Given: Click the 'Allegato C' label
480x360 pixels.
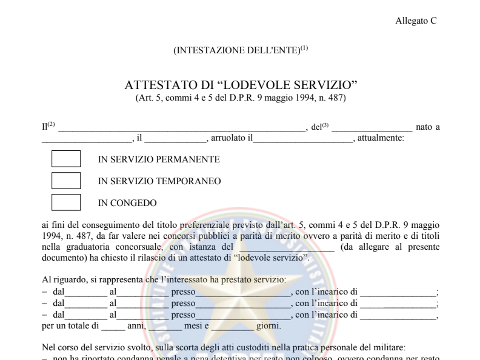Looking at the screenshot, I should (x=416, y=21).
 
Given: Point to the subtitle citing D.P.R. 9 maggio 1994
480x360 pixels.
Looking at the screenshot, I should (x=241, y=98).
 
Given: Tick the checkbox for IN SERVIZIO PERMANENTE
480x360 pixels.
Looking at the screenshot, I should (x=66, y=159).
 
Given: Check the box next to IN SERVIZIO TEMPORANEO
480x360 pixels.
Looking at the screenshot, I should (x=66, y=181).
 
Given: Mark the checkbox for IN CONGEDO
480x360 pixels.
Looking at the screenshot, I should (x=66, y=202).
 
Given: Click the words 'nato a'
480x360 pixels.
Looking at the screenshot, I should (x=428, y=127).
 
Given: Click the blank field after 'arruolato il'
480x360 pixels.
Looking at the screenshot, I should (x=302, y=139).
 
